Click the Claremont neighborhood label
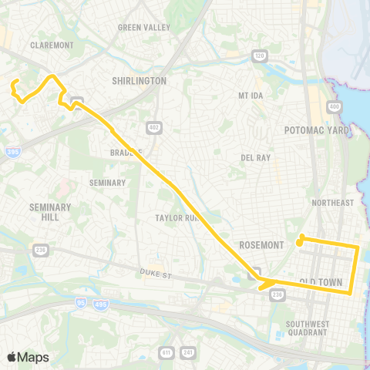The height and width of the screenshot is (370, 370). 51,45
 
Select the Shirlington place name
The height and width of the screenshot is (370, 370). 139,80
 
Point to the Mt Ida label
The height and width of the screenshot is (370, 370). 251,96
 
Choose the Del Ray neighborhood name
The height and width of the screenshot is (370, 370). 255,157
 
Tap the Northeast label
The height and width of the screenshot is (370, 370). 332,203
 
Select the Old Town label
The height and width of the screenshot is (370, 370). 320,282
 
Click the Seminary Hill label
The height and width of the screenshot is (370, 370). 50,212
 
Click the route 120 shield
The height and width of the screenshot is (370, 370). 258,55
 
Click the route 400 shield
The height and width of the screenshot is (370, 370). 334,106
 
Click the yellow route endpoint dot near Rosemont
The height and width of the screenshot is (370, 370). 301,237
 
